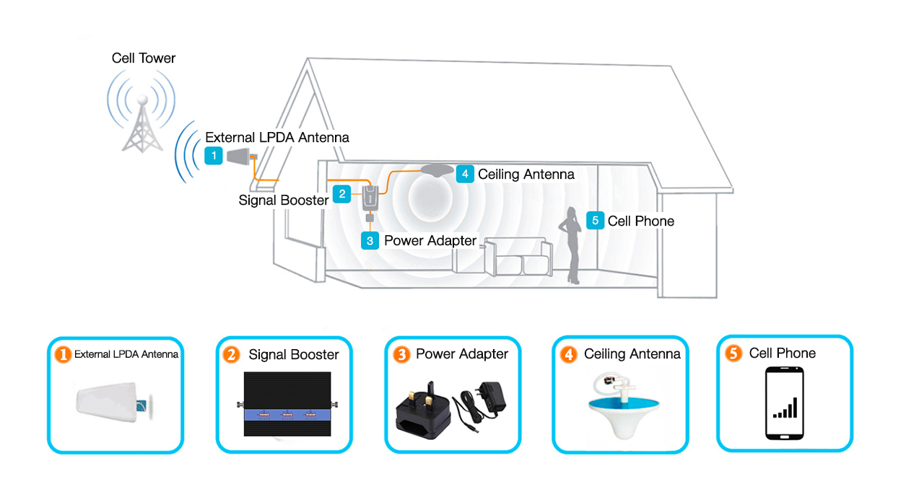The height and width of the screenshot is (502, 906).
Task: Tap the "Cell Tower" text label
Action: (144, 58)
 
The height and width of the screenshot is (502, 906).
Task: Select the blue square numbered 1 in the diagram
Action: (214, 155)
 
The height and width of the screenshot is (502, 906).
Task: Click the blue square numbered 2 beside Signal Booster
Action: (342, 193)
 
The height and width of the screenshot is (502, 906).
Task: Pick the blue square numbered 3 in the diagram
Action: (370, 241)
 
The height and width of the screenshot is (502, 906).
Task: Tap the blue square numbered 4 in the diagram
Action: (465, 174)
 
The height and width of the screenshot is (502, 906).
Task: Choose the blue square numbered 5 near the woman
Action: (595, 221)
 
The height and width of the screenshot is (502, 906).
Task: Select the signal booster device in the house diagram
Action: (370, 197)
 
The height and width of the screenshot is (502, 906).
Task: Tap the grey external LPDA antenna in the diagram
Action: (239, 156)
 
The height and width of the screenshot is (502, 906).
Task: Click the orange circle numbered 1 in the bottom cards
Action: (64, 354)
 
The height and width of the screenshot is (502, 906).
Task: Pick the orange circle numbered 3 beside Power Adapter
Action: (401, 354)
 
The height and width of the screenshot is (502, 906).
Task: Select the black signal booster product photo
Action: (284, 407)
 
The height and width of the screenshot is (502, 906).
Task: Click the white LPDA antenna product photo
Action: (114, 404)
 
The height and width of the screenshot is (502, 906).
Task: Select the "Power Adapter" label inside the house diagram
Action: (430, 241)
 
